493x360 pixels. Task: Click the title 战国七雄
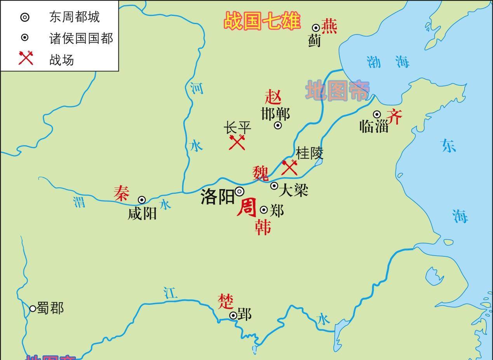(262, 21)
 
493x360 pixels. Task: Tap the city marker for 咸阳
(142, 200)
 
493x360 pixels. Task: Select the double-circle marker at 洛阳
(240, 191)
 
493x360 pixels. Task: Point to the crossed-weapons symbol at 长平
(237, 142)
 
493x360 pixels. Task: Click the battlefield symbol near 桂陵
(289, 167)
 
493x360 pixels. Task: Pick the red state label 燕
(329, 26)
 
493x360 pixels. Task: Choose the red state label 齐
(394, 117)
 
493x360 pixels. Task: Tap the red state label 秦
(121, 193)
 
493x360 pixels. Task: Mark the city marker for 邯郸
(278, 125)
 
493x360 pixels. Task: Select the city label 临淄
(374, 126)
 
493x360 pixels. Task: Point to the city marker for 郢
(233, 316)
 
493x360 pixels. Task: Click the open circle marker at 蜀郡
(33, 308)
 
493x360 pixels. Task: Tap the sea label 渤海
(388, 61)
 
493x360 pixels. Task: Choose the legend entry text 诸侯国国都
(81, 38)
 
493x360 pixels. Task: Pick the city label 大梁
(293, 190)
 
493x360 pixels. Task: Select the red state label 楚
(225, 301)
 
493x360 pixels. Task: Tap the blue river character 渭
(79, 202)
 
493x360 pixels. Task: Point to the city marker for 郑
(264, 210)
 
